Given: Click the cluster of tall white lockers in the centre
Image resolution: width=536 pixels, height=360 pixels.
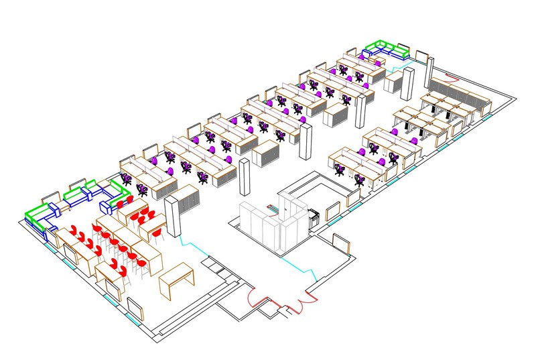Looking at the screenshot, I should (x=268, y=221).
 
